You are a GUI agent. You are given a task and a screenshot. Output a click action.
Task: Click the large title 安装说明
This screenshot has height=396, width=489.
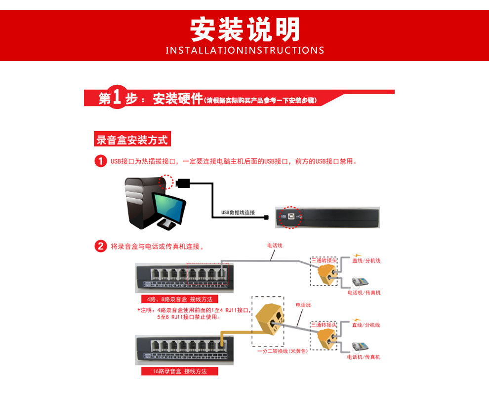244,29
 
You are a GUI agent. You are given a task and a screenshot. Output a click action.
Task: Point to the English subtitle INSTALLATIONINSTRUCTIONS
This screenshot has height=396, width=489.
244,50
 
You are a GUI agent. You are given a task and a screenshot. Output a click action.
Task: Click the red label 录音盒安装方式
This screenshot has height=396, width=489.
132,140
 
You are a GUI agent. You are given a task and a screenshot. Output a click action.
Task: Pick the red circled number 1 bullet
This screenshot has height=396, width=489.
100,161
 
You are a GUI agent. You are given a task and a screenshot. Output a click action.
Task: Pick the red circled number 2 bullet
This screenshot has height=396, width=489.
100,246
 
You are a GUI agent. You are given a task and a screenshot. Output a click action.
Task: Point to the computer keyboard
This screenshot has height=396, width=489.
167,224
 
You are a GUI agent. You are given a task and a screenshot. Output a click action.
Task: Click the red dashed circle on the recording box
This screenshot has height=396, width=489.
290,216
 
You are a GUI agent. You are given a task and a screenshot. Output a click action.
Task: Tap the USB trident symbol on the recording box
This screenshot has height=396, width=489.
302,216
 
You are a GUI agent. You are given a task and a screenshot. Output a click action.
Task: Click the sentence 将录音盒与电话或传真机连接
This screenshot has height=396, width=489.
157,246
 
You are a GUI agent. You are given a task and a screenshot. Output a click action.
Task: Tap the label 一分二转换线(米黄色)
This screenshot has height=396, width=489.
282,351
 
